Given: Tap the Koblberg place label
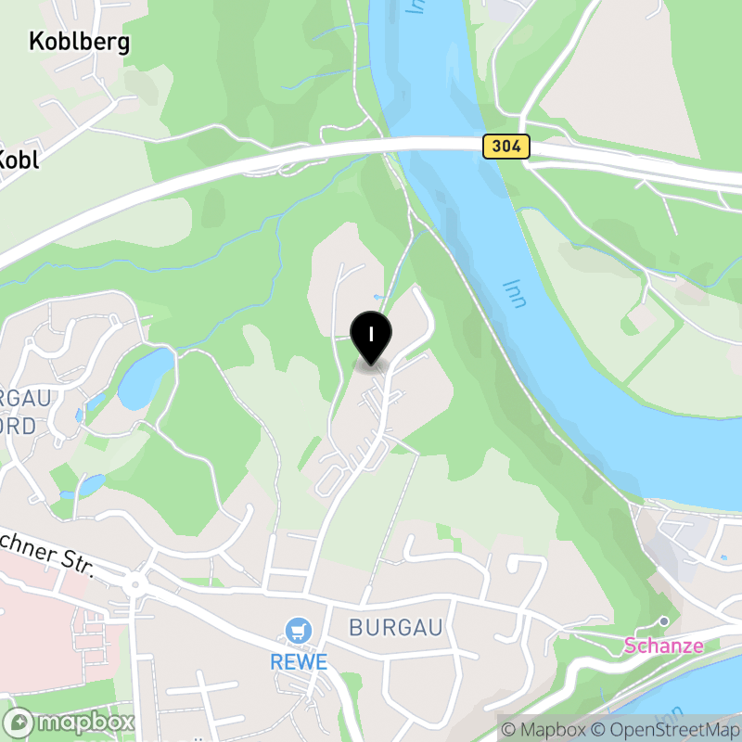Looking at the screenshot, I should pos(79,42).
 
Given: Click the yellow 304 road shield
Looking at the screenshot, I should pos(505,146).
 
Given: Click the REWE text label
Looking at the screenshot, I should pos(299,662).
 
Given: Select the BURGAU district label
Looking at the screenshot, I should pos(396,628).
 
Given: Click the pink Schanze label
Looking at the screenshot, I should pos(663,646).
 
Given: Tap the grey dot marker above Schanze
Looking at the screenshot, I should pos(664,621).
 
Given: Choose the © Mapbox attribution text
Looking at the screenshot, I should pos(543,729).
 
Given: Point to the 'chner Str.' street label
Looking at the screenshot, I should pos(46,554).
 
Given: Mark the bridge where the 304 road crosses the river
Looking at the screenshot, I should pos(436,145).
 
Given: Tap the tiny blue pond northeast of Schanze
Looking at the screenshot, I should pos(723,557).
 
